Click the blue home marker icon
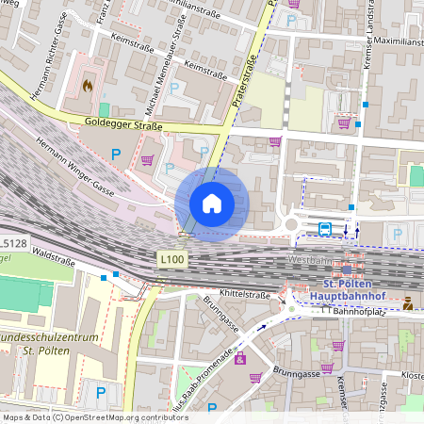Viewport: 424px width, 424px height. [212, 203]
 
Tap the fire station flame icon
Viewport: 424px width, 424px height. [88, 85]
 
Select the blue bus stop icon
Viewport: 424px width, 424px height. [324, 228]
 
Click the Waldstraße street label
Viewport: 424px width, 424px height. [53, 253]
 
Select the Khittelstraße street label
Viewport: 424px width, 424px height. [244, 295]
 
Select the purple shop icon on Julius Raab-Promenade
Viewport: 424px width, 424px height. [240, 358]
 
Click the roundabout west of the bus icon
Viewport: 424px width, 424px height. [291, 224]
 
